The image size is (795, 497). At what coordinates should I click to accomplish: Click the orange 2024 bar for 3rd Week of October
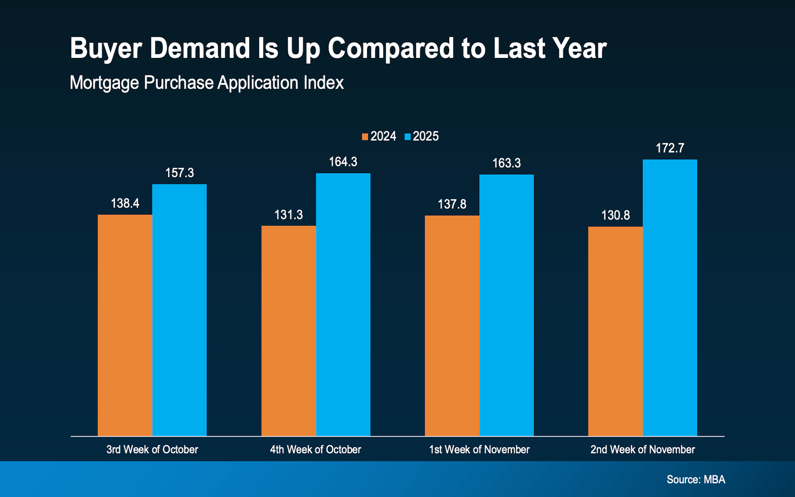[125, 325]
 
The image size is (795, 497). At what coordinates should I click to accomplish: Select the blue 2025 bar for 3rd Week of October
[179, 310]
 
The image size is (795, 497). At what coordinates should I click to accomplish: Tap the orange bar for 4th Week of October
[288, 331]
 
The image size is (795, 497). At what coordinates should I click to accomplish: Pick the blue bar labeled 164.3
[343, 304]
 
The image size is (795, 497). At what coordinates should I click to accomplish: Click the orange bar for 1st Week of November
[452, 326]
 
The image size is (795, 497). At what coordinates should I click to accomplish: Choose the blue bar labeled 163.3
[506, 305]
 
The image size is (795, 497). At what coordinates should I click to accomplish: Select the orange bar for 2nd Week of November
[615, 331]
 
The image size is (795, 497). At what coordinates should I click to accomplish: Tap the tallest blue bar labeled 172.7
[670, 297]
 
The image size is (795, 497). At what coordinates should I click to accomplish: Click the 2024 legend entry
[379, 136]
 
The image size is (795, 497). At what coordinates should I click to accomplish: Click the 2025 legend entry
[422, 136]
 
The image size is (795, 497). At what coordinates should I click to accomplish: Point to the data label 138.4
[125, 203]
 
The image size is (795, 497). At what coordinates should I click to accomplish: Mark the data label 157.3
[179, 173]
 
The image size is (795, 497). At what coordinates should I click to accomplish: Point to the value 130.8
[615, 215]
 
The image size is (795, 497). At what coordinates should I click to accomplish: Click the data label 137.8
[452, 204]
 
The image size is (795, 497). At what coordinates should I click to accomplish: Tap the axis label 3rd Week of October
[152, 449]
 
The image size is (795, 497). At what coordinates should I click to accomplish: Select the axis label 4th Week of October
[315, 449]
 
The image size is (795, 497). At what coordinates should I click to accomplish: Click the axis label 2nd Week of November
[642, 449]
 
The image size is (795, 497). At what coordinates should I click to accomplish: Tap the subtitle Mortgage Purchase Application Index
[206, 83]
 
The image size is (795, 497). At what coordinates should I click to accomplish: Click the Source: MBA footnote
[696, 480]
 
